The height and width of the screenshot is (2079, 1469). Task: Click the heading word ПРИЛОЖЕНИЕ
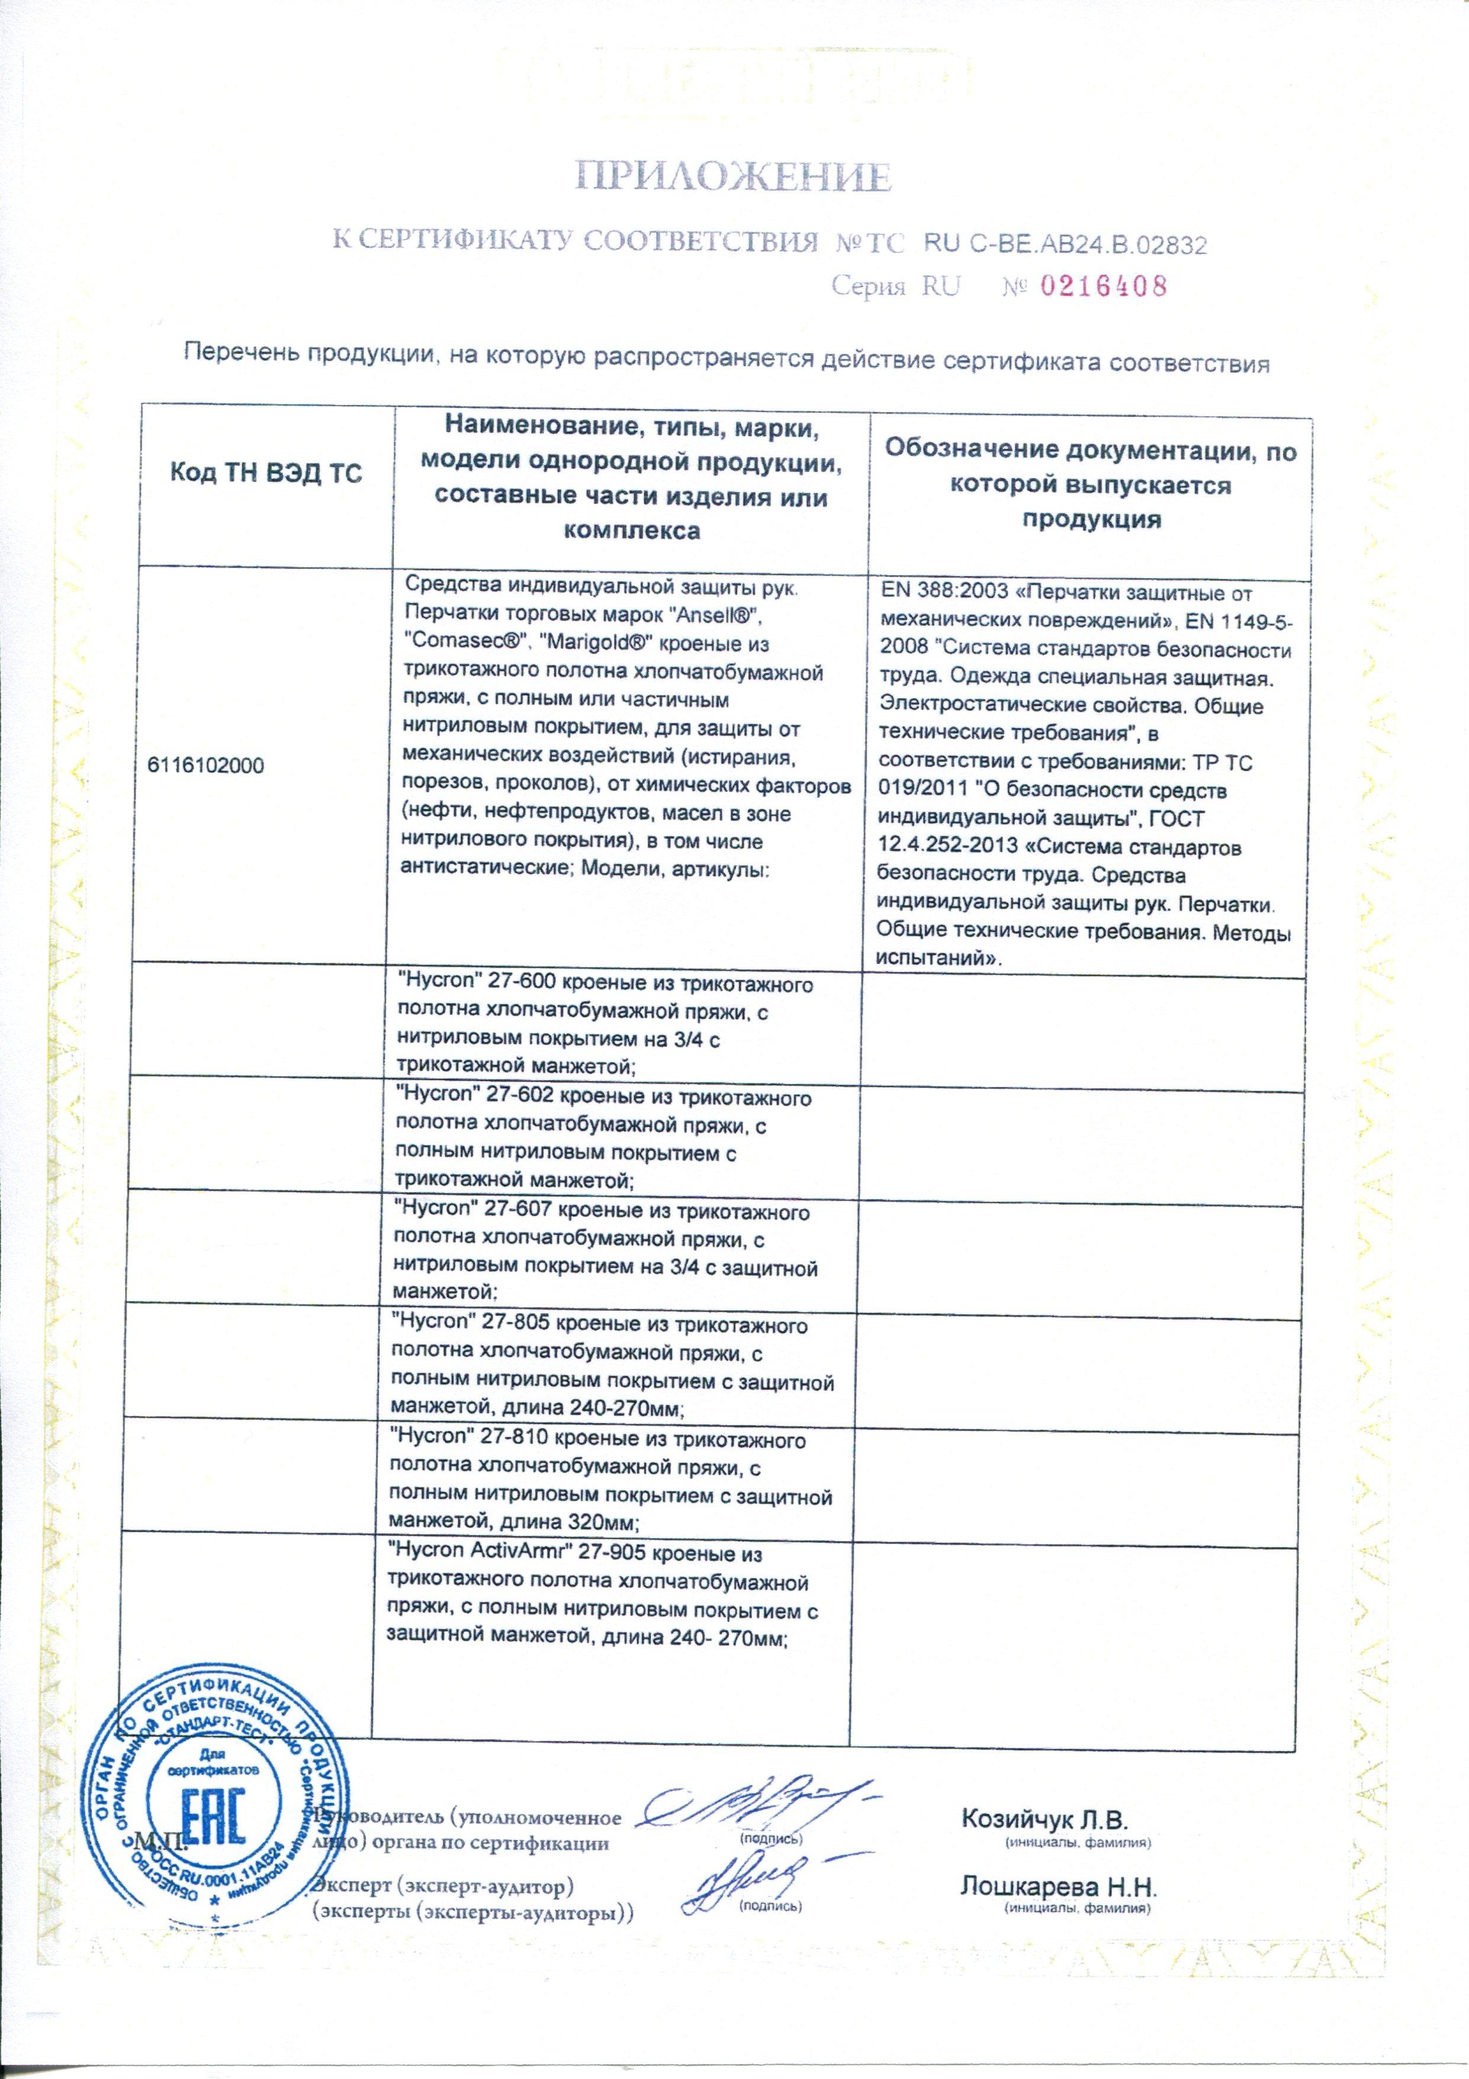coord(734,177)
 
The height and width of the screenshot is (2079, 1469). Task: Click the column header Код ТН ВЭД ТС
coord(266,473)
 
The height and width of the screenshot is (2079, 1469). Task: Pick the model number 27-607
coord(515,1212)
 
